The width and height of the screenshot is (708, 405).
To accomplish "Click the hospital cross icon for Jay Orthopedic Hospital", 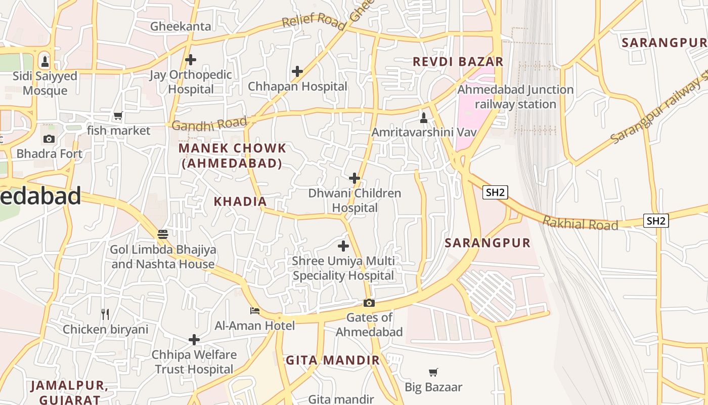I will pyautogui.click(x=191, y=60).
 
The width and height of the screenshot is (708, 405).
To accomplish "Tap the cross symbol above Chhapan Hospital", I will pyautogui.click(x=297, y=71).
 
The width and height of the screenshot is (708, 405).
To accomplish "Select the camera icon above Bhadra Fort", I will pyautogui.click(x=49, y=139).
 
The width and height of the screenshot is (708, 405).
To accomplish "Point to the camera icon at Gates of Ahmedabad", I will pyautogui.click(x=369, y=303).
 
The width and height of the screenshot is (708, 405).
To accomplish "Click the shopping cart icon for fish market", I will pyautogui.click(x=118, y=116).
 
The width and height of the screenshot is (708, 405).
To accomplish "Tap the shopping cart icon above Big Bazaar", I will pyautogui.click(x=433, y=373).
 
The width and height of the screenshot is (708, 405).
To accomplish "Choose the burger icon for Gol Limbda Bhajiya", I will pyautogui.click(x=163, y=234).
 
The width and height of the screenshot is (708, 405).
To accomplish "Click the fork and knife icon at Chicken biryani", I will pyautogui.click(x=105, y=314).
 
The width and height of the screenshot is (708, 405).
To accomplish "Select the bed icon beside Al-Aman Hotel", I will pyautogui.click(x=255, y=310).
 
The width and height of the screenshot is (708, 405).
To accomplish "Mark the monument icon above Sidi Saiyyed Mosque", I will pyautogui.click(x=45, y=62).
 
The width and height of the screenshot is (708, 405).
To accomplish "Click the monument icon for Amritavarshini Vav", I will pyautogui.click(x=424, y=118).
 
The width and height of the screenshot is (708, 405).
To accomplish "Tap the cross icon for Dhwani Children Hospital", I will pyautogui.click(x=355, y=178).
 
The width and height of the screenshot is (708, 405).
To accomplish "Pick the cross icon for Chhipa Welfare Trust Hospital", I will pyautogui.click(x=194, y=339).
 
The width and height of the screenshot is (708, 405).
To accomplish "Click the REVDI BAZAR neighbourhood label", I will pyautogui.click(x=458, y=62).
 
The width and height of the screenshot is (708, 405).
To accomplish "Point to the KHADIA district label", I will pyautogui.click(x=240, y=201).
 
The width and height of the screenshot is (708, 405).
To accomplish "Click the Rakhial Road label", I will pyautogui.click(x=580, y=223).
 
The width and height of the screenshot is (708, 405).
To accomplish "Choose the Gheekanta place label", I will pyautogui.click(x=181, y=26).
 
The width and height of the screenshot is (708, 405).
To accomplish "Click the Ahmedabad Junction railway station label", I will pyautogui.click(x=515, y=97).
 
